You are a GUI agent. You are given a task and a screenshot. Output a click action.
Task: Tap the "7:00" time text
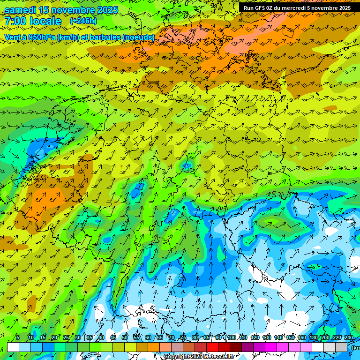pos(15,21)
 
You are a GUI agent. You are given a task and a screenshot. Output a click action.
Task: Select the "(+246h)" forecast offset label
pos(83,21)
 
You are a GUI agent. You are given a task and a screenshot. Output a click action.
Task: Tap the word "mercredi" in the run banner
pos(293,8)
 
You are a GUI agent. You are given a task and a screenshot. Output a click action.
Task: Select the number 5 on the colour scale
pos(18,337)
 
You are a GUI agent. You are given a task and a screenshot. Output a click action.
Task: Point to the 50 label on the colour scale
pos(125,337)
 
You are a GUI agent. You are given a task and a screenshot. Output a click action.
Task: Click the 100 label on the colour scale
pos(232,337)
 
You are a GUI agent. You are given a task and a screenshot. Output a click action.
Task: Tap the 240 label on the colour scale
pos(348,337)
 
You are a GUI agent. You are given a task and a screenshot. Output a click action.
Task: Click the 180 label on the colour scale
pos(313,337)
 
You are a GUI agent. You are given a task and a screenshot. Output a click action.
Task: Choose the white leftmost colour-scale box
pos(13,347)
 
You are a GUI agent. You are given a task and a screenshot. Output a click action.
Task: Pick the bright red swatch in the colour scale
pos(212,347)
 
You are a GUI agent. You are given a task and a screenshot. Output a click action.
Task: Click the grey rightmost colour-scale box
pos(341,347)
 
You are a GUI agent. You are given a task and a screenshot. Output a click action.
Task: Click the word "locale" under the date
pos(45,21)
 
